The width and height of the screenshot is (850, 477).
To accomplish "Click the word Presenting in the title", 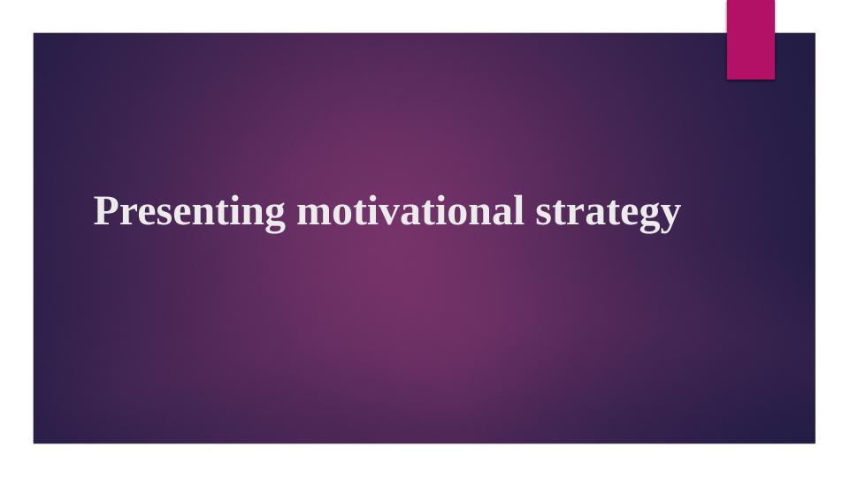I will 189,212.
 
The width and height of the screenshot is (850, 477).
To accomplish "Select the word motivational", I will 410,212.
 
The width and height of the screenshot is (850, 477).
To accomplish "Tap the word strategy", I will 608,213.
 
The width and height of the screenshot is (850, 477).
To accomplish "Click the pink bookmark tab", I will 750,39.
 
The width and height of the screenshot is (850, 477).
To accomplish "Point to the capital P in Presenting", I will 105,211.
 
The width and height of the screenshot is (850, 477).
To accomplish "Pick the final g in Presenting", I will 275,216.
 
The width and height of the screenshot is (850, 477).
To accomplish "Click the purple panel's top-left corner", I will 34,34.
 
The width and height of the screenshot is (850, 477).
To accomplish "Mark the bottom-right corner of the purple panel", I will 815,443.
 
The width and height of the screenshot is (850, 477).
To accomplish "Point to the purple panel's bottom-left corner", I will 34,443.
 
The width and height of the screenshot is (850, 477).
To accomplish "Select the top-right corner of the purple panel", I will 815,34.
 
